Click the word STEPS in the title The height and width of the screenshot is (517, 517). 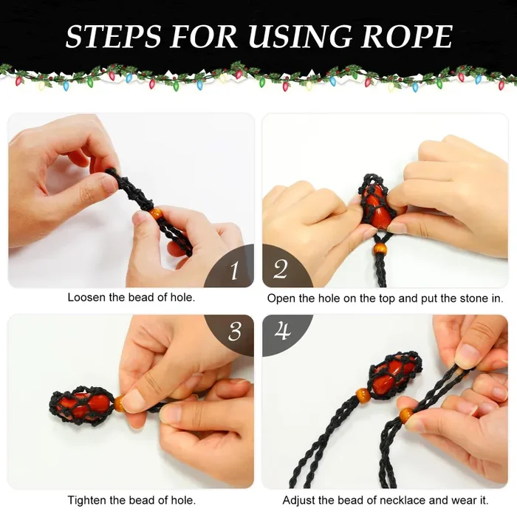(113, 35)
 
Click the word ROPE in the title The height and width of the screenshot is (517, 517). (407, 35)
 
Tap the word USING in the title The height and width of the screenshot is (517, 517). (301, 35)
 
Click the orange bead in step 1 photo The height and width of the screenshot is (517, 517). (156, 213)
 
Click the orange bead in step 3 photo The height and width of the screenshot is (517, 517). (120, 403)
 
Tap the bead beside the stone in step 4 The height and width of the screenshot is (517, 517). (363, 394)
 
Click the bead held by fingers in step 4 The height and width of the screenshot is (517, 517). (406, 415)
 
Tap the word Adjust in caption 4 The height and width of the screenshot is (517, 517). (298, 501)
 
